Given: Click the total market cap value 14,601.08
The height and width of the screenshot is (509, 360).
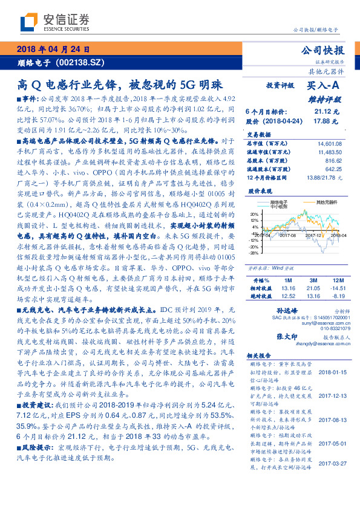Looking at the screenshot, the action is tap(329, 143).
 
